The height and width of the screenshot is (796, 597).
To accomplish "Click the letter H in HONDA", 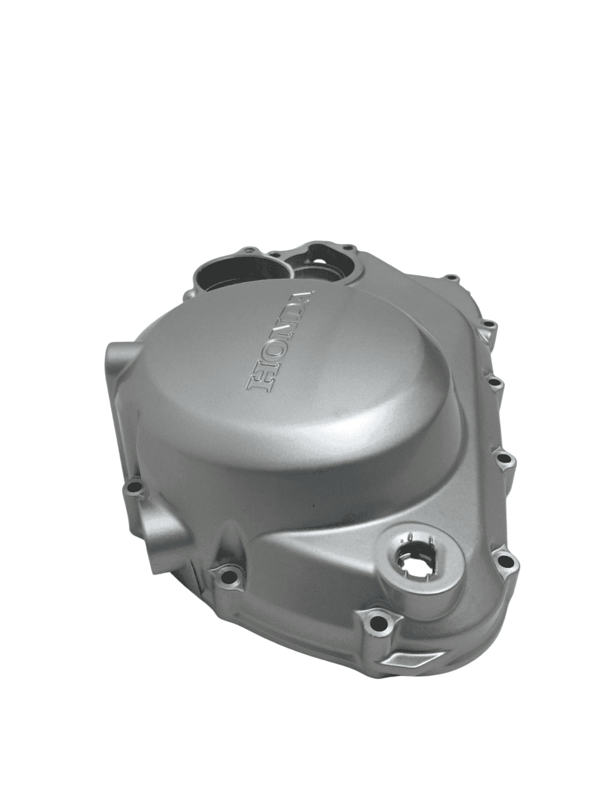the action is click(264, 377).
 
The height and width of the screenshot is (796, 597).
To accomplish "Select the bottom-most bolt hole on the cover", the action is click(377, 622).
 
